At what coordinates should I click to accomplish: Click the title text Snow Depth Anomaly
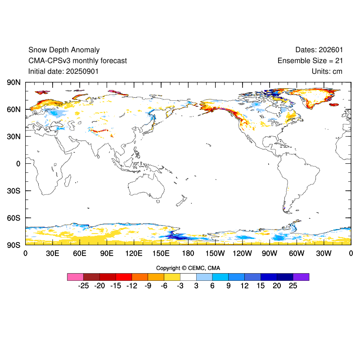pyautogui.click(x=64, y=50)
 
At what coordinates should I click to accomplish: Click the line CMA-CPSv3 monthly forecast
pyautogui.click(x=77, y=61)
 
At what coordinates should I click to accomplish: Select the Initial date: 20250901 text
pyautogui.click(x=63, y=71)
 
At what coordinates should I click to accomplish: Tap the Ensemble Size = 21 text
pyautogui.click(x=310, y=61)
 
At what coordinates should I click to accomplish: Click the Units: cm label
pyautogui.click(x=327, y=71)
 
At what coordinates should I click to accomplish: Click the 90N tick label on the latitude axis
pyautogui.click(x=13, y=82)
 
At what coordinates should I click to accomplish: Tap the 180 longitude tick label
pyautogui.click(x=188, y=253)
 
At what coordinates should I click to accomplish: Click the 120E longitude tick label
pyautogui.click(x=134, y=253)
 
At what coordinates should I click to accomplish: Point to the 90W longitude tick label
pyautogui.click(x=270, y=253)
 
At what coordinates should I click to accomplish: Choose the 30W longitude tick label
pyautogui.click(x=324, y=253)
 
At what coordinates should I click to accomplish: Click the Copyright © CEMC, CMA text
pyautogui.click(x=188, y=268)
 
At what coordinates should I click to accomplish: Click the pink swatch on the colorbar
pyautogui.click(x=75, y=277)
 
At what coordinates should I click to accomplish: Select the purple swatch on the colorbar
pyautogui.click(x=301, y=277)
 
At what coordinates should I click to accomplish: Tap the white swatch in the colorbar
pyautogui.click(x=188, y=277)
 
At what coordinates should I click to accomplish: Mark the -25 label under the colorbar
pyautogui.click(x=83, y=286)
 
